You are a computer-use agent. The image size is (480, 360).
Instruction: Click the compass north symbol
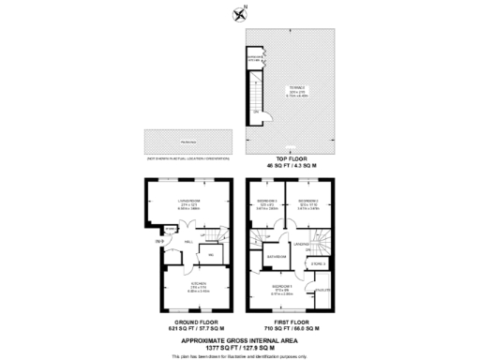tap(238, 13)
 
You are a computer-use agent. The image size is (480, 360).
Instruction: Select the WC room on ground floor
tap(212, 254)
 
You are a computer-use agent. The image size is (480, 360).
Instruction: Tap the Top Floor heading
tap(293, 160)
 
